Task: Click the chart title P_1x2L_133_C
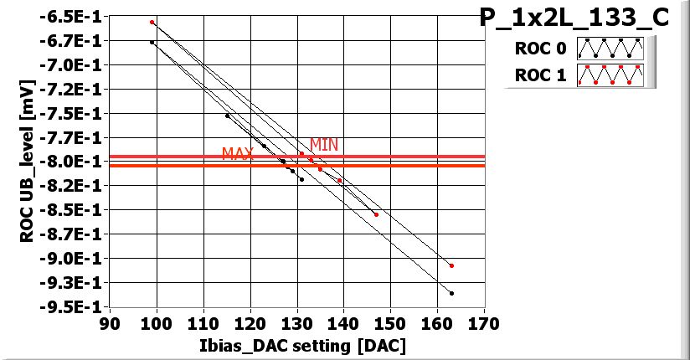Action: tap(574, 18)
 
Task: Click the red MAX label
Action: tap(237, 154)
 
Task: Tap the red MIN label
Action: tap(324, 145)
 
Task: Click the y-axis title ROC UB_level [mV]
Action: tap(28, 162)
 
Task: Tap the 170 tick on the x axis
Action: tap(483, 324)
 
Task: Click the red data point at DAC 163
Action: tap(451, 265)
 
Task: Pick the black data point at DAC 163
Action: tap(451, 293)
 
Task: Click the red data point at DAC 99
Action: tap(152, 22)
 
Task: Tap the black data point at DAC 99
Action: tap(152, 42)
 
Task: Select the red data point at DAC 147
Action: tap(376, 214)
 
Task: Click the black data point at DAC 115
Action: tap(227, 116)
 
